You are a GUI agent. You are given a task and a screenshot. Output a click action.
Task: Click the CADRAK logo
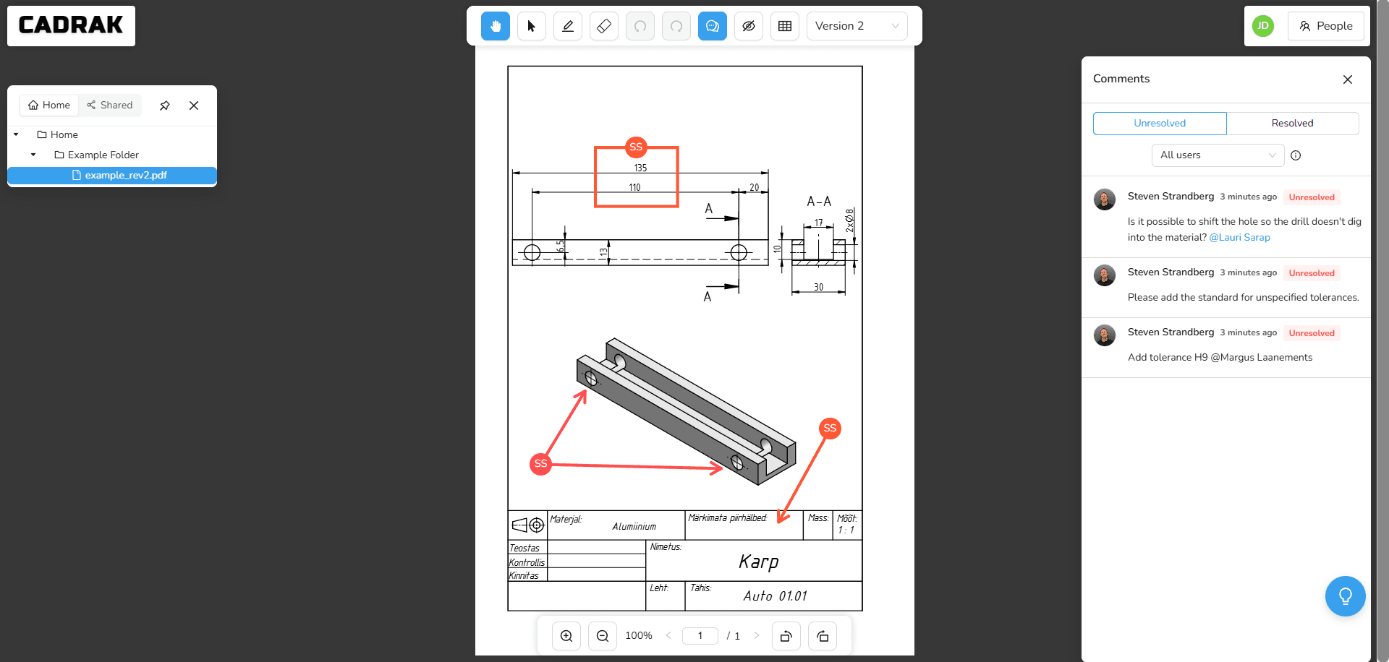coord(71,25)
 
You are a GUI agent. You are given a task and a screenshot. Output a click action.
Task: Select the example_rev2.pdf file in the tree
coord(125,175)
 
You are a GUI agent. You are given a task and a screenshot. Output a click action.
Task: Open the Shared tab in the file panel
coord(110,105)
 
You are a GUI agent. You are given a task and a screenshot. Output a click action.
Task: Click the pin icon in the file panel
coord(165,106)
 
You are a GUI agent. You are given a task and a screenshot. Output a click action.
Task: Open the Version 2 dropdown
coord(857,26)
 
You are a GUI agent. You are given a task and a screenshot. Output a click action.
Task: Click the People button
coord(1325,26)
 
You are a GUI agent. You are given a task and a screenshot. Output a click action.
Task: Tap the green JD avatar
coord(1262,26)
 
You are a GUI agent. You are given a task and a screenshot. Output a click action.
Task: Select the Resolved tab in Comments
coord(1292,123)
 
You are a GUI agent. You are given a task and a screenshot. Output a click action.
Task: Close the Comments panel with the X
coord(1347,79)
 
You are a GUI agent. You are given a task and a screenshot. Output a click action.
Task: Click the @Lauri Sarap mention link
coord(1239,237)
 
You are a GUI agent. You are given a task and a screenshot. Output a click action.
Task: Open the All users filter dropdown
coord(1218,155)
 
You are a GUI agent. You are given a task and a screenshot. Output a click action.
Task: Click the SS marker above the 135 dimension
coord(636,147)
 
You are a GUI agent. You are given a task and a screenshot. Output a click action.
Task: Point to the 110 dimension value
coord(634,187)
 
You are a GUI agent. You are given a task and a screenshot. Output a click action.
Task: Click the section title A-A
coord(819,202)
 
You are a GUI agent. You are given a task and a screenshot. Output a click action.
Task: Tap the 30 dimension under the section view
coord(818,287)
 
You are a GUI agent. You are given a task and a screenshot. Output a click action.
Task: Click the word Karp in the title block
coord(758,562)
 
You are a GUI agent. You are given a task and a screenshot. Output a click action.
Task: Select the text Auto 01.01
coord(775,596)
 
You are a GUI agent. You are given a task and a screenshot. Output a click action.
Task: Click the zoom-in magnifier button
coord(566,636)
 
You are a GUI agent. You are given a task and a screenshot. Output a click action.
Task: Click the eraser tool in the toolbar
coord(604,26)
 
